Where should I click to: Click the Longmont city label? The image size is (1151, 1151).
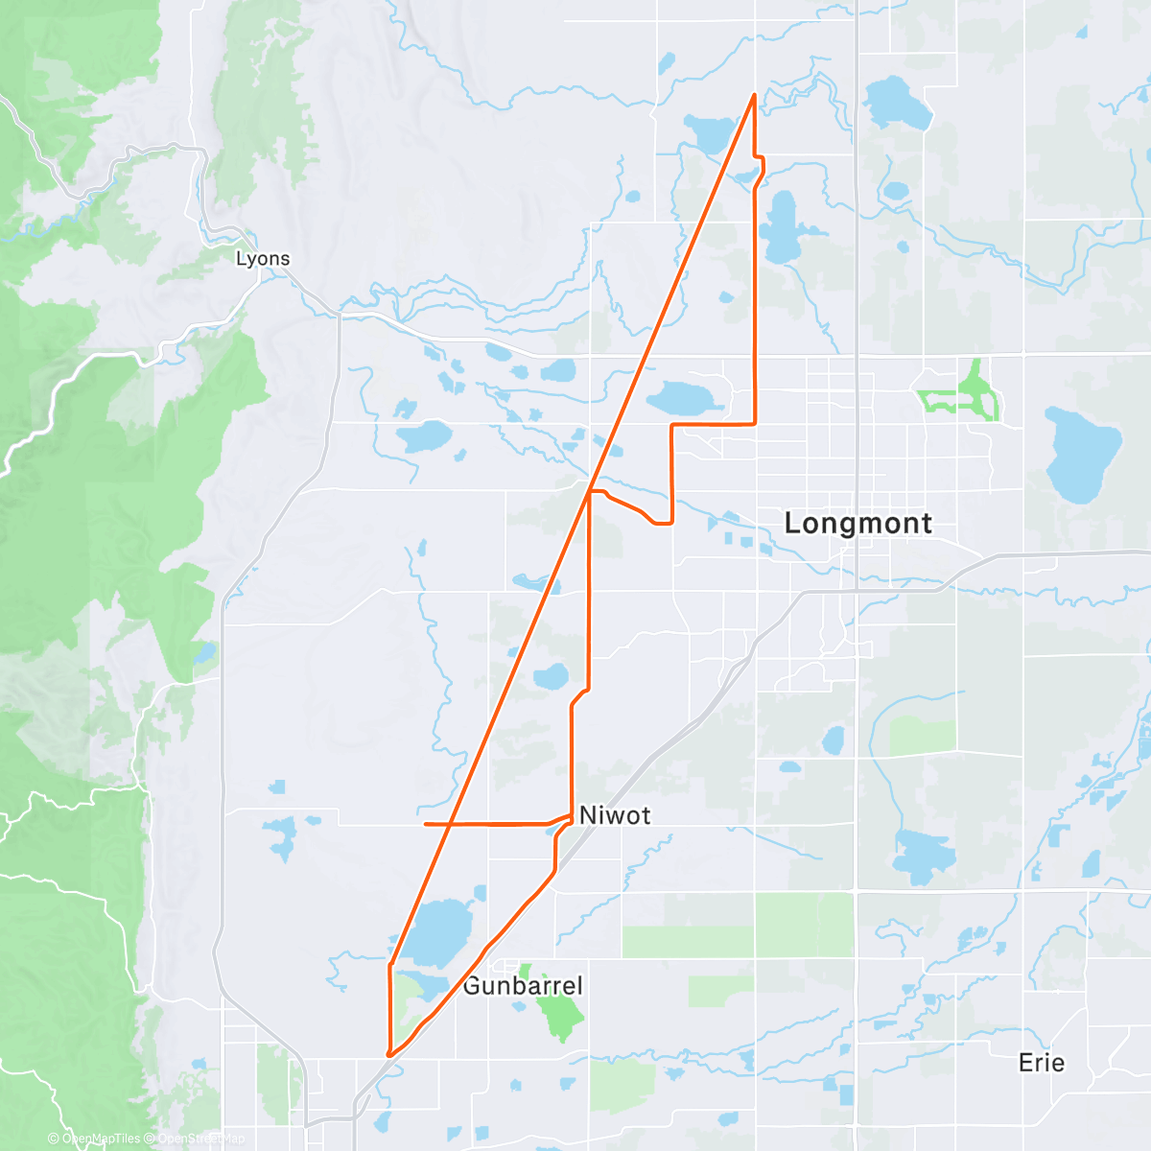[x=857, y=524]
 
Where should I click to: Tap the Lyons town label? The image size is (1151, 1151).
[x=263, y=259]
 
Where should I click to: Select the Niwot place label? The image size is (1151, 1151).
[x=615, y=815]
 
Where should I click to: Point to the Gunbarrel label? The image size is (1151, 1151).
[x=522, y=986]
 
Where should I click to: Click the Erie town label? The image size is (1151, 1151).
[x=1042, y=1063]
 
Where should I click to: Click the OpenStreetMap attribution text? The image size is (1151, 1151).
[x=201, y=1139]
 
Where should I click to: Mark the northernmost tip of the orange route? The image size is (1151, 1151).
[x=755, y=94]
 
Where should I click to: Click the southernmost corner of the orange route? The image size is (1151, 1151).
[x=389, y=1055]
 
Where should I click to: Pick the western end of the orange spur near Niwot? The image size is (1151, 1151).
[x=425, y=824]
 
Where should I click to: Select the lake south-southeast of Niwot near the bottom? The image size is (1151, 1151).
[x=920, y=854]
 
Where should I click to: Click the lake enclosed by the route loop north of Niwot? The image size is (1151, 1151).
[x=552, y=676]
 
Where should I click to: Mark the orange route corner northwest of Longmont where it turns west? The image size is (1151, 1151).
[x=756, y=423]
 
